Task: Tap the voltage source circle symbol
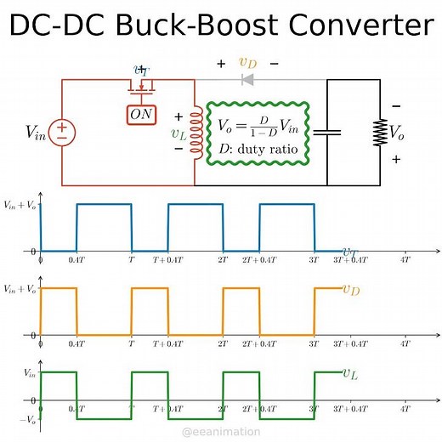62,132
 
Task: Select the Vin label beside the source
37,132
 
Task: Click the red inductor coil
197,132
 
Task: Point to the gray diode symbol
248,80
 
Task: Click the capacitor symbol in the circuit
327,132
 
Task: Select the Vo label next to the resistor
397,132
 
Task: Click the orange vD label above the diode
247,62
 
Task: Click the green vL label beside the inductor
179,133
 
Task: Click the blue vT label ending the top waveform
349,252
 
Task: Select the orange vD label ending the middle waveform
350,290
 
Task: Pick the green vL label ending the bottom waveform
349,372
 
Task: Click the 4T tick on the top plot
405,260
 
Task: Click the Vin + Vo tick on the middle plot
21,290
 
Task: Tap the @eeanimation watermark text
221,432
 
